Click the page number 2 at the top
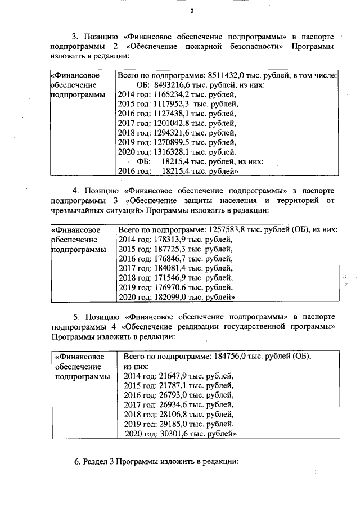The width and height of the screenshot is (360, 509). tap(192, 11)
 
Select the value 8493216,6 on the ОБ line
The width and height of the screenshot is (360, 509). tap(175, 85)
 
